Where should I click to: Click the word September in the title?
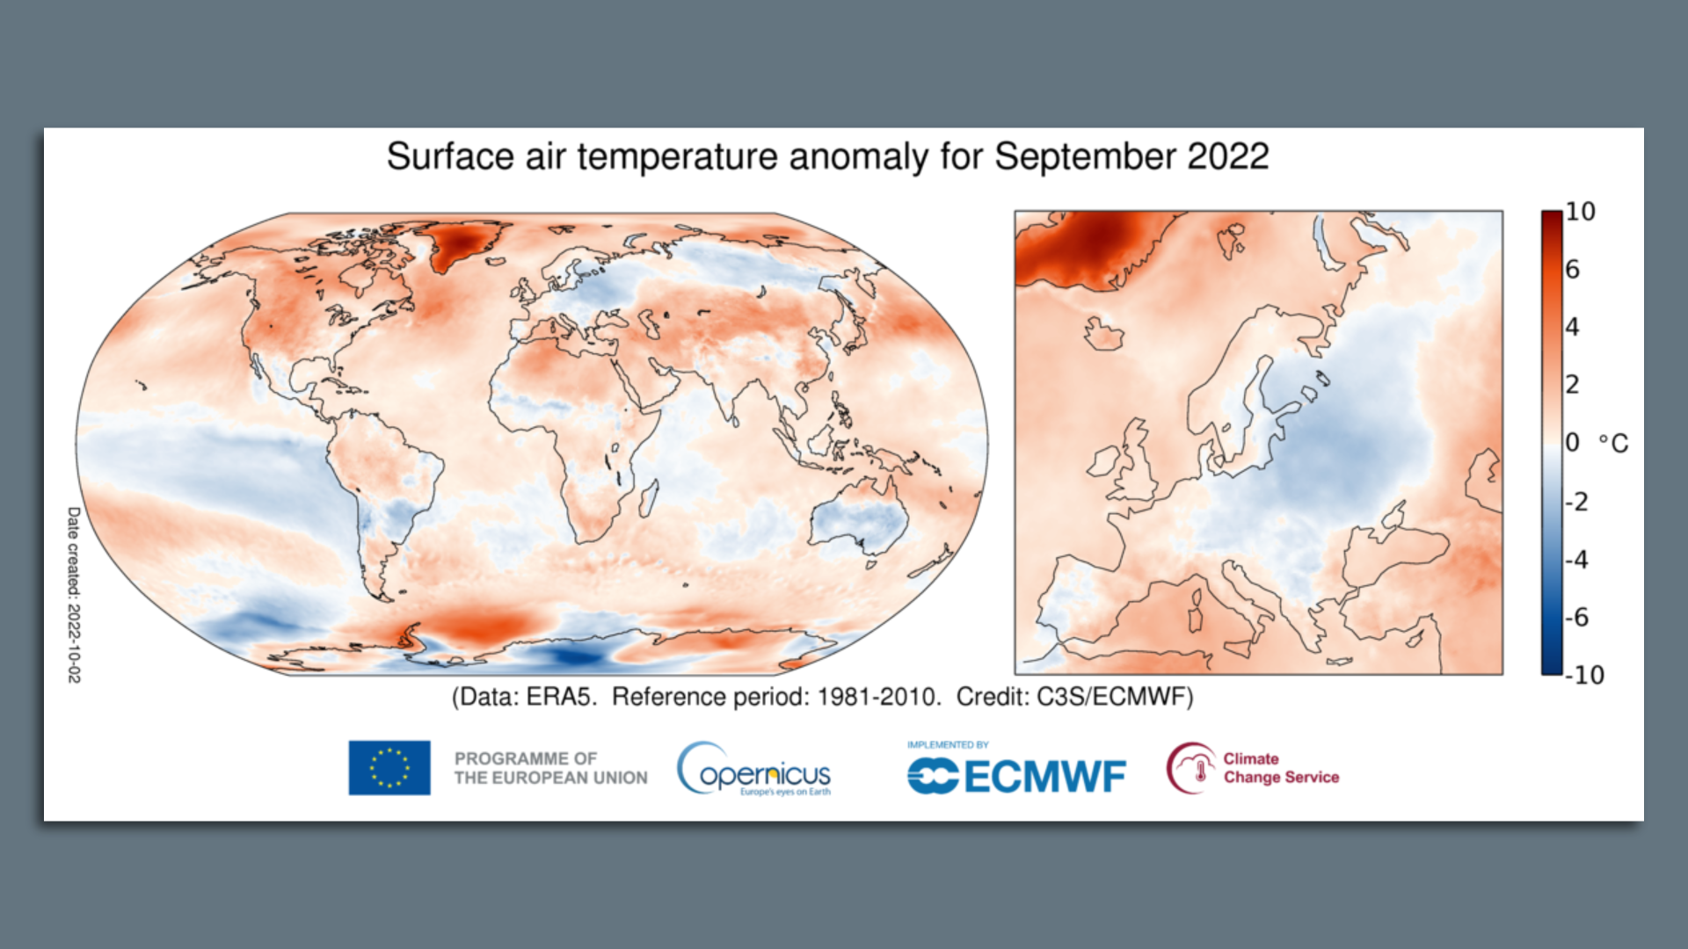pyautogui.click(x=1085, y=157)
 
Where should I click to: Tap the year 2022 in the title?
pyautogui.click(x=1227, y=157)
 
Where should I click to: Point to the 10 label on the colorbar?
pyautogui.click(x=1580, y=212)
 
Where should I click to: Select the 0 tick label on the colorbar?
pyautogui.click(x=1573, y=443)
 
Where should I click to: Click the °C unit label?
pyautogui.click(x=1613, y=443)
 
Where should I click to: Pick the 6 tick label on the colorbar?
pyautogui.click(x=1573, y=270)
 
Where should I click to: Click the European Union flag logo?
pyautogui.click(x=389, y=767)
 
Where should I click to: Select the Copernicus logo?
pyautogui.click(x=754, y=769)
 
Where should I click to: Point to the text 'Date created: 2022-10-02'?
pyautogui.click(x=74, y=594)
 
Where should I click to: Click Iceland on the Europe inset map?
pyautogui.click(x=1103, y=335)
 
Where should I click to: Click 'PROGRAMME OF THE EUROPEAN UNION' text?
pyautogui.click(x=550, y=768)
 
